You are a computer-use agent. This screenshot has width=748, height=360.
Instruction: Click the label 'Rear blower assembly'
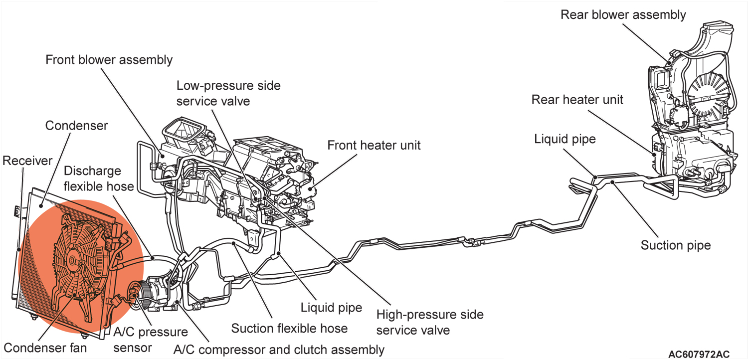coord(623,14)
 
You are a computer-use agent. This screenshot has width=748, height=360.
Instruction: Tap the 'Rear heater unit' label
coord(577,99)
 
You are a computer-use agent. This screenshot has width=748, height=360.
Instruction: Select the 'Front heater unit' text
coord(374,145)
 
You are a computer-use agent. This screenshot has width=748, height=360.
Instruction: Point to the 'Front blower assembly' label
coord(109,60)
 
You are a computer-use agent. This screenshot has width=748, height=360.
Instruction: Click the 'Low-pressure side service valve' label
coord(228,93)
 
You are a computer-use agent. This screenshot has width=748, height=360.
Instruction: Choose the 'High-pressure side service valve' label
coord(430,322)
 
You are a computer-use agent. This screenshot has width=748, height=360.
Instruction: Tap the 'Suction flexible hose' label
coord(289,328)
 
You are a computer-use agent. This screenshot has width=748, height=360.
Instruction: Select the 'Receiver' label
coord(27,161)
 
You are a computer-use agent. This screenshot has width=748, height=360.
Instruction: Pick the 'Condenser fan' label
coord(45,347)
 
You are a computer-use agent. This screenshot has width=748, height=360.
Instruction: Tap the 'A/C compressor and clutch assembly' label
coord(279,349)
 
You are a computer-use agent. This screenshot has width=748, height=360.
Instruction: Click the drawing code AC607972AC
coord(699,354)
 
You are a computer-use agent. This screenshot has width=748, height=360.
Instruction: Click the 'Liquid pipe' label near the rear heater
coord(565,139)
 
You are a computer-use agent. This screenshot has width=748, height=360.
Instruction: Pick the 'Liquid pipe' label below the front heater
coord(331,307)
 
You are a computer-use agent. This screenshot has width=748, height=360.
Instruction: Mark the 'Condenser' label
coord(76,125)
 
